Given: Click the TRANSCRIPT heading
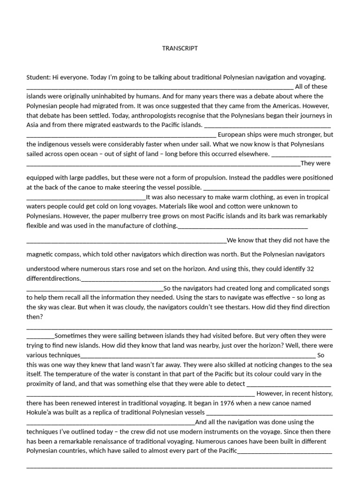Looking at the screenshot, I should pos(180,48).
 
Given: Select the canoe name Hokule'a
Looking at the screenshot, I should pos(42,412).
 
